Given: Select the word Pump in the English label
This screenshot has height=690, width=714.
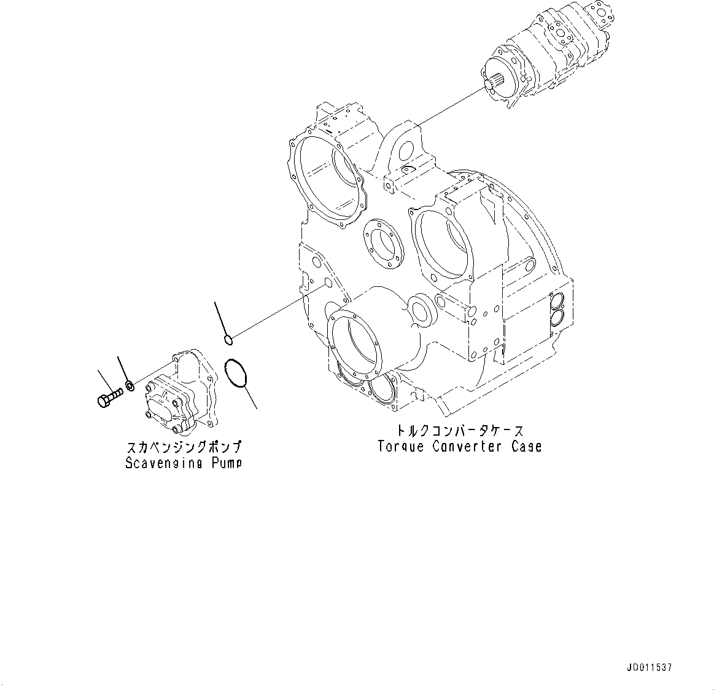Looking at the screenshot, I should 225,463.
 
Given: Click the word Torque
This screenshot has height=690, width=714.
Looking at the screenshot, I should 401,447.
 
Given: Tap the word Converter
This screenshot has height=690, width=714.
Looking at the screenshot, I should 468,447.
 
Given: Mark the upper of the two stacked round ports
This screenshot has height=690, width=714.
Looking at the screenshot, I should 558,302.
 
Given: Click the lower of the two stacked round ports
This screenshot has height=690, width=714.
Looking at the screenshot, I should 558,317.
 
